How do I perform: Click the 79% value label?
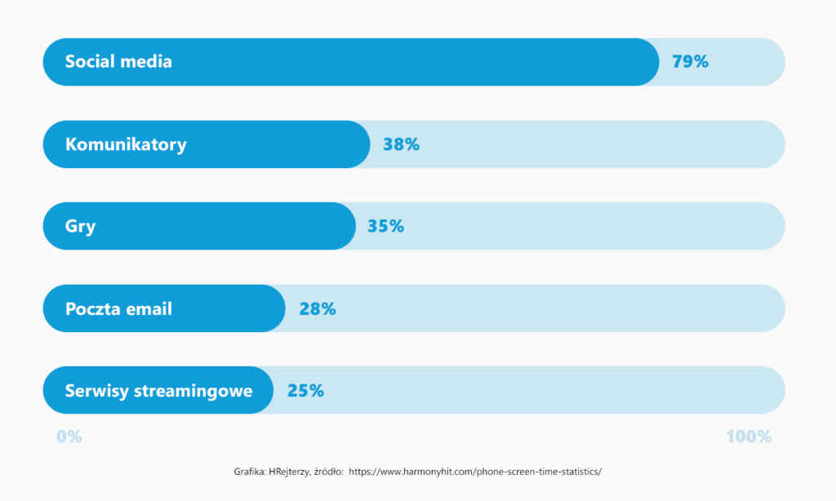(x=690, y=62)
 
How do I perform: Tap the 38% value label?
(x=401, y=144)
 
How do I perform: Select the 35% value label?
(x=385, y=226)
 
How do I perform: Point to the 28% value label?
(x=318, y=308)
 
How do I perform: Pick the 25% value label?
(x=305, y=391)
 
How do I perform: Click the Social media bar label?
(x=118, y=62)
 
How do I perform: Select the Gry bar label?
(x=80, y=227)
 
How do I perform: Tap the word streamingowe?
(x=193, y=392)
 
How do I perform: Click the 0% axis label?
(x=69, y=437)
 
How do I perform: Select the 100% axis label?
(x=749, y=437)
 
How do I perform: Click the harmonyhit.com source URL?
(x=475, y=472)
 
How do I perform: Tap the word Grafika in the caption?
(x=250, y=472)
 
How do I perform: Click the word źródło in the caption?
(x=328, y=472)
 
